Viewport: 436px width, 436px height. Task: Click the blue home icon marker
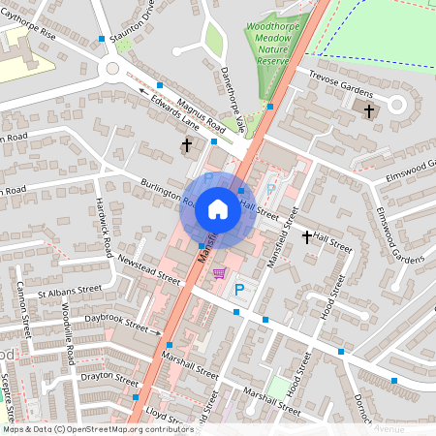tap(218, 208)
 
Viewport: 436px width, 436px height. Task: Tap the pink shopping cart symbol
tap(220, 273)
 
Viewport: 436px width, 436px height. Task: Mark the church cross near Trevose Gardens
tap(368, 110)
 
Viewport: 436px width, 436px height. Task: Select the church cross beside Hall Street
tap(307, 237)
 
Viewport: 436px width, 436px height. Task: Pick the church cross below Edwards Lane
tap(187, 145)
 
